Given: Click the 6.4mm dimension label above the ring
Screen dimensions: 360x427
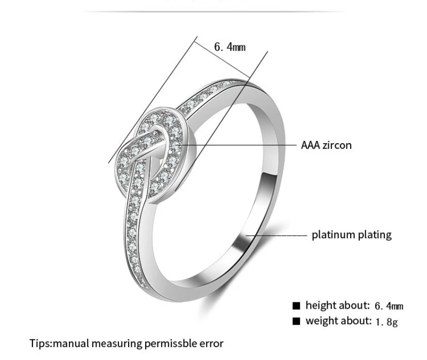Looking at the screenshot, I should (x=230, y=47).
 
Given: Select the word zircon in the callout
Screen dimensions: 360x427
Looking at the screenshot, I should (x=338, y=145).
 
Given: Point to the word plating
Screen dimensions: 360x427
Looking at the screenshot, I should (x=376, y=234).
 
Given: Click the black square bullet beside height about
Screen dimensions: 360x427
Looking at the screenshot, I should (x=296, y=306).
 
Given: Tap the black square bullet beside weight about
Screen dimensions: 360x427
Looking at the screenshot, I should (x=296, y=321).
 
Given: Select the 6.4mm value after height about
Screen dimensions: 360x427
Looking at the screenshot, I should (x=389, y=306).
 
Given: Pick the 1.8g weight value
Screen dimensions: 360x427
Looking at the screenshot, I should (x=386, y=322).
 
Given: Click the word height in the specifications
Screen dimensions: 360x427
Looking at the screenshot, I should (x=320, y=306).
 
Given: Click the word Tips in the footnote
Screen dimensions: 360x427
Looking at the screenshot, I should (x=41, y=343).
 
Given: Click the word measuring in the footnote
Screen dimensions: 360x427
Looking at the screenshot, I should (x=122, y=343).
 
